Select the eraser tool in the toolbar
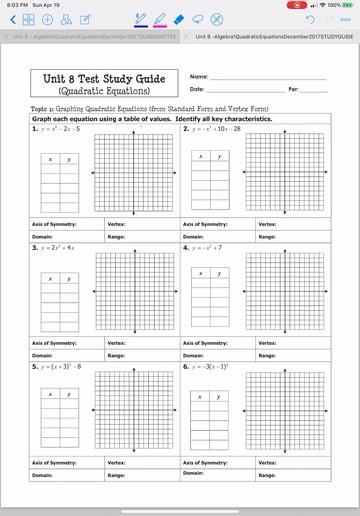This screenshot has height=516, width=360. pyautogui.click(x=178, y=19)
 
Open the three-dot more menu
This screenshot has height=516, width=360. pyautogui.click(x=345, y=20)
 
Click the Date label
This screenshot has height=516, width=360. pyautogui.click(x=197, y=90)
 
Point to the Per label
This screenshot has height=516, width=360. pyautogui.click(x=294, y=90)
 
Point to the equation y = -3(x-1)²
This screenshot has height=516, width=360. pyautogui.click(x=211, y=367)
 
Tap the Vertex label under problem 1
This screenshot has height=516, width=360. pyautogui.click(x=117, y=224)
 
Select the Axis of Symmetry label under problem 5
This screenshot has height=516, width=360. pyautogui.click(x=54, y=463)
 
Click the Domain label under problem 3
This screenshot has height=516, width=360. pyautogui.click(x=42, y=356)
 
